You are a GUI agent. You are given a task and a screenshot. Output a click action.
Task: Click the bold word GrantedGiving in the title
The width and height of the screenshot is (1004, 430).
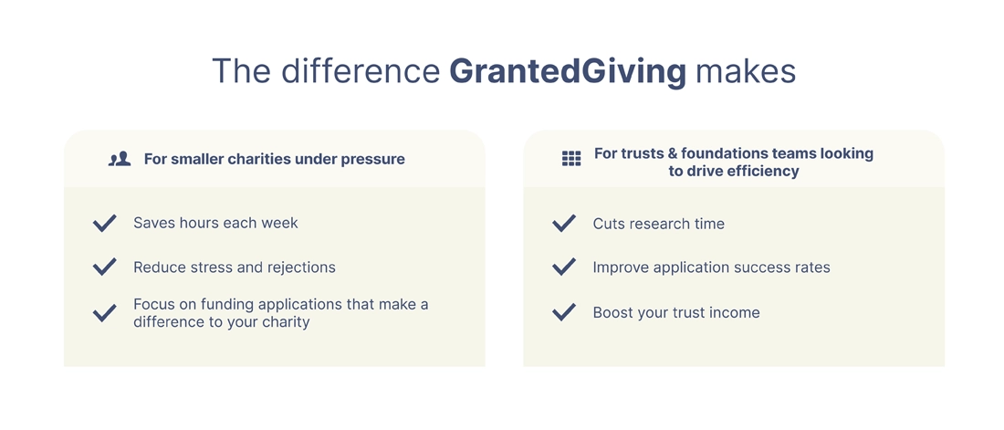coord(568,71)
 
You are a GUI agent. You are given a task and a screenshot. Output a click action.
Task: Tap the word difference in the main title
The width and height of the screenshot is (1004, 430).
coord(361,71)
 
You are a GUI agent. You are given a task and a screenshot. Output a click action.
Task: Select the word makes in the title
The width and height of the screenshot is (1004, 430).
coord(746,71)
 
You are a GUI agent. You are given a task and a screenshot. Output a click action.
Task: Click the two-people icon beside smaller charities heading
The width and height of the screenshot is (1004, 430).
coord(120,159)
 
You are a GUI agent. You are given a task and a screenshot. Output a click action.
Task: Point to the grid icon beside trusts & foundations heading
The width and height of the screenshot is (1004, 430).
coord(571,159)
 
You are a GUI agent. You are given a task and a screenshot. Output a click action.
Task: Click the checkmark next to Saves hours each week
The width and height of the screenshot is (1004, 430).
coord(104,223)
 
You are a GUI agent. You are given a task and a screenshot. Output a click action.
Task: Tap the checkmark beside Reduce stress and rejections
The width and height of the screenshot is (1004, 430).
coord(104,267)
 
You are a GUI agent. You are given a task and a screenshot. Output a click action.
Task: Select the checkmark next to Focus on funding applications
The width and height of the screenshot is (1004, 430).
coord(104,313)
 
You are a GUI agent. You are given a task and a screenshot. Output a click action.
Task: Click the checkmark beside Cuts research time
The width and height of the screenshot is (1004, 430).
coord(563,223)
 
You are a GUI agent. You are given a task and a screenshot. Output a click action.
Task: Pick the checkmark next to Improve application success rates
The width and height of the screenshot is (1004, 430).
coord(563,267)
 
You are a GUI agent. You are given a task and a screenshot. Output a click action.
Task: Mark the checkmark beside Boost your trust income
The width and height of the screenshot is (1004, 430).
coord(563,313)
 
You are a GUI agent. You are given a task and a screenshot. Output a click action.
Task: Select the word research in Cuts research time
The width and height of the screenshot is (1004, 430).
coord(657,224)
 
